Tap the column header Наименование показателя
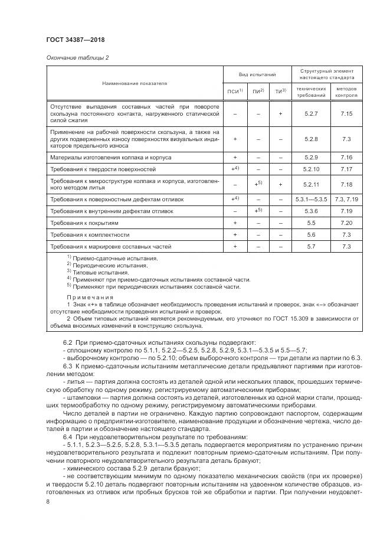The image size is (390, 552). (x=135, y=83)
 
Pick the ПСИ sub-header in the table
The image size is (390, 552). (x=234, y=92)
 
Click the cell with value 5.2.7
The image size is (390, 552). (x=311, y=113)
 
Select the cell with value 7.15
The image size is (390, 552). (x=346, y=113)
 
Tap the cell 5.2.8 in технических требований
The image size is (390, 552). (x=311, y=139)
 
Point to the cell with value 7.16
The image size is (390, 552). (x=346, y=158)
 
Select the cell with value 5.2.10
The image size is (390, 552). (x=311, y=169)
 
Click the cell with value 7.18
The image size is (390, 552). (x=346, y=185)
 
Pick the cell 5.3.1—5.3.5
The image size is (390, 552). (x=311, y=200)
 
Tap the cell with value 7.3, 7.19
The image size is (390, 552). (x=346, y=200)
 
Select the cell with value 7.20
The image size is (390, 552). (x=346, y=223)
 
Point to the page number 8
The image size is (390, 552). (x=47, y=501)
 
